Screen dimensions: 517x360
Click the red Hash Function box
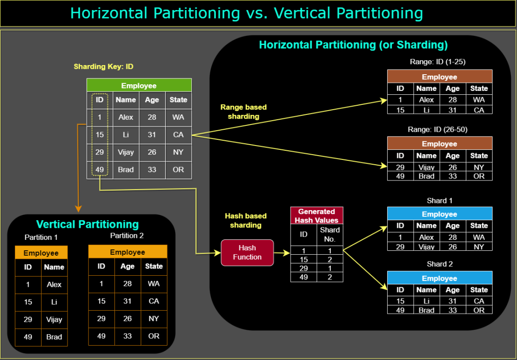247,253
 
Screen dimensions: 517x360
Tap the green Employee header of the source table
139,85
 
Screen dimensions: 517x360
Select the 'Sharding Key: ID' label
103,67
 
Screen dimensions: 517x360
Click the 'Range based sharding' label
243,112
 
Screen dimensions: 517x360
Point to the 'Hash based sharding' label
246,221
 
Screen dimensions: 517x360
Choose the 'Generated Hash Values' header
316,215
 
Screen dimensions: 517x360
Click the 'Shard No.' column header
330,235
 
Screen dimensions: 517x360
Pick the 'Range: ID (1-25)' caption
438,62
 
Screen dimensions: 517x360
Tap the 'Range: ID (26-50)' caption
438,130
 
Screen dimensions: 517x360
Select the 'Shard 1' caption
439,201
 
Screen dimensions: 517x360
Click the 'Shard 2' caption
439,264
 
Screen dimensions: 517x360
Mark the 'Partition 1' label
41,237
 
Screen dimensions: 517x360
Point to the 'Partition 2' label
127,236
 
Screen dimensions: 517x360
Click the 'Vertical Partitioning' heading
88,224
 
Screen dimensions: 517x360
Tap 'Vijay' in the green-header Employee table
125,152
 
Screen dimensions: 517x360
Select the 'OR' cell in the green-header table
179,170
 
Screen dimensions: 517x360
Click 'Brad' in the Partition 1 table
54,337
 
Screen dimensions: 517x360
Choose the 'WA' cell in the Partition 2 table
154,284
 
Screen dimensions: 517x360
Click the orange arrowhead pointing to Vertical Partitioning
78,209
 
